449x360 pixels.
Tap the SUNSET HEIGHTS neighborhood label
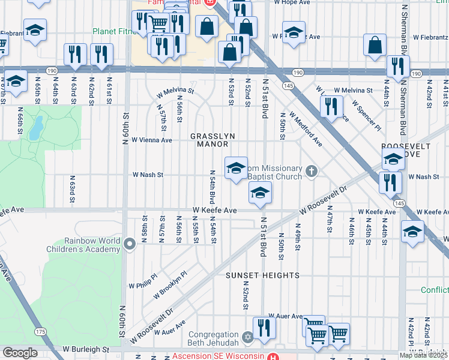262,275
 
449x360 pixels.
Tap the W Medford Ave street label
306,129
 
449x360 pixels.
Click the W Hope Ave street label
292,3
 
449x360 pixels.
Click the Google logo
20,353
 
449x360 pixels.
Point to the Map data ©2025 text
423,355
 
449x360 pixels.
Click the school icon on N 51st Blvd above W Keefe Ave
260,193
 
